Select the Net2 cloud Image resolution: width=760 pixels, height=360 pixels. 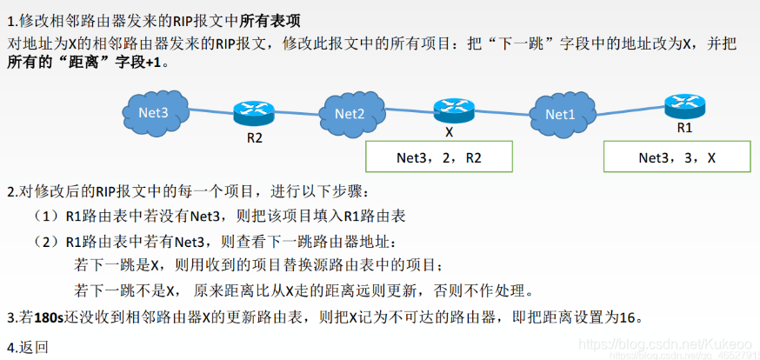(349, 113)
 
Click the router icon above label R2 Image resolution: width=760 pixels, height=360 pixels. (254, 112)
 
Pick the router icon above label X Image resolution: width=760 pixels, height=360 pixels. (453, 110)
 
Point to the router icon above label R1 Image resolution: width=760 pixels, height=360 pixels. (684, 105)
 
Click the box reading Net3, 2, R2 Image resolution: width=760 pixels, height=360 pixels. (437, 157)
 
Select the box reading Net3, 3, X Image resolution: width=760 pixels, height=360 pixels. (677, 157)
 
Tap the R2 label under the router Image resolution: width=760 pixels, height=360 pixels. (254, 137)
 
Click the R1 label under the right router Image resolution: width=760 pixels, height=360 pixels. (684, 127)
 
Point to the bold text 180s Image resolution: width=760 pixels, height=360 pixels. (49, 318)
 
